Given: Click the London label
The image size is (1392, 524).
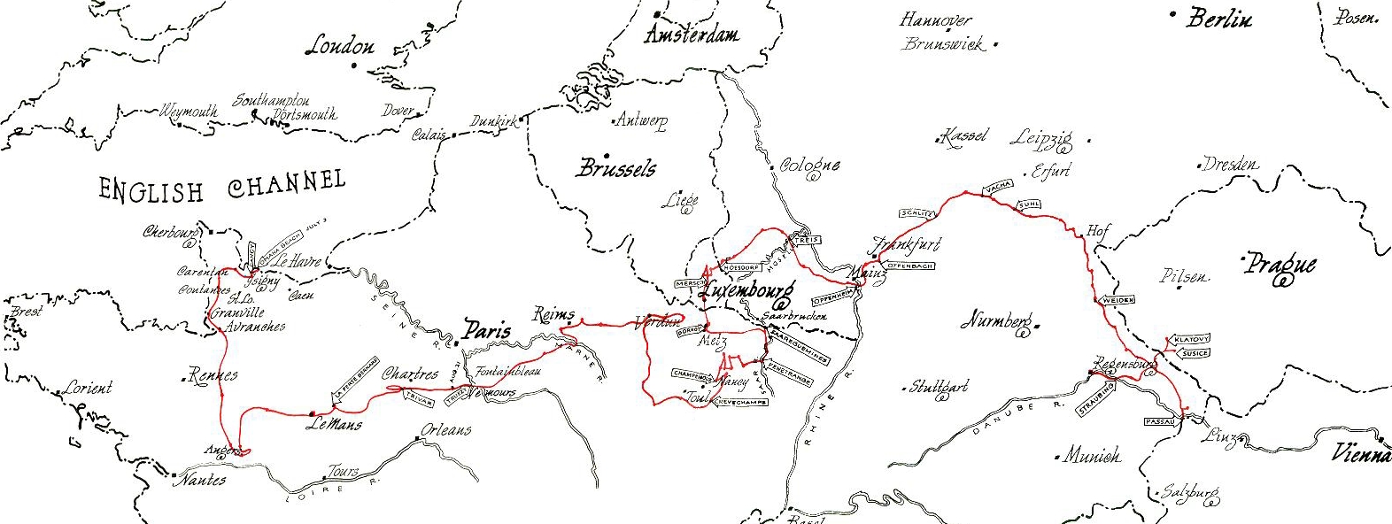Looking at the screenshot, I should click(x=339, y=46).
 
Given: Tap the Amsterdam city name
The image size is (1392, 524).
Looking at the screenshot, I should click(x=692, y=35).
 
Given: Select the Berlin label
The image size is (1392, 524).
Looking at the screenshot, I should click(x=1219, y=19).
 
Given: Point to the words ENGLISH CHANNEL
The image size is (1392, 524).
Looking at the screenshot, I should click(x=221, y=187).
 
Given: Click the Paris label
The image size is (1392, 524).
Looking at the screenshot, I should click(x=486, y=331).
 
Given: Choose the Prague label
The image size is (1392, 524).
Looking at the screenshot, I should click(x=1280, y=265).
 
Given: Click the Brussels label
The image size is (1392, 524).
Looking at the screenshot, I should click(x=616, y=168).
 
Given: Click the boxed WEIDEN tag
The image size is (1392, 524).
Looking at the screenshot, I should click(x=1117, y=301).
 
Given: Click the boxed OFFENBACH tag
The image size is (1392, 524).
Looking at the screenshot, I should click(x=909, y=266).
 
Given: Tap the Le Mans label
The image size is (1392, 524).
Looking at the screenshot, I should click(x=334, y=423).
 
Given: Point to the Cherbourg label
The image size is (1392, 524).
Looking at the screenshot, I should click(x=170, y=233).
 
